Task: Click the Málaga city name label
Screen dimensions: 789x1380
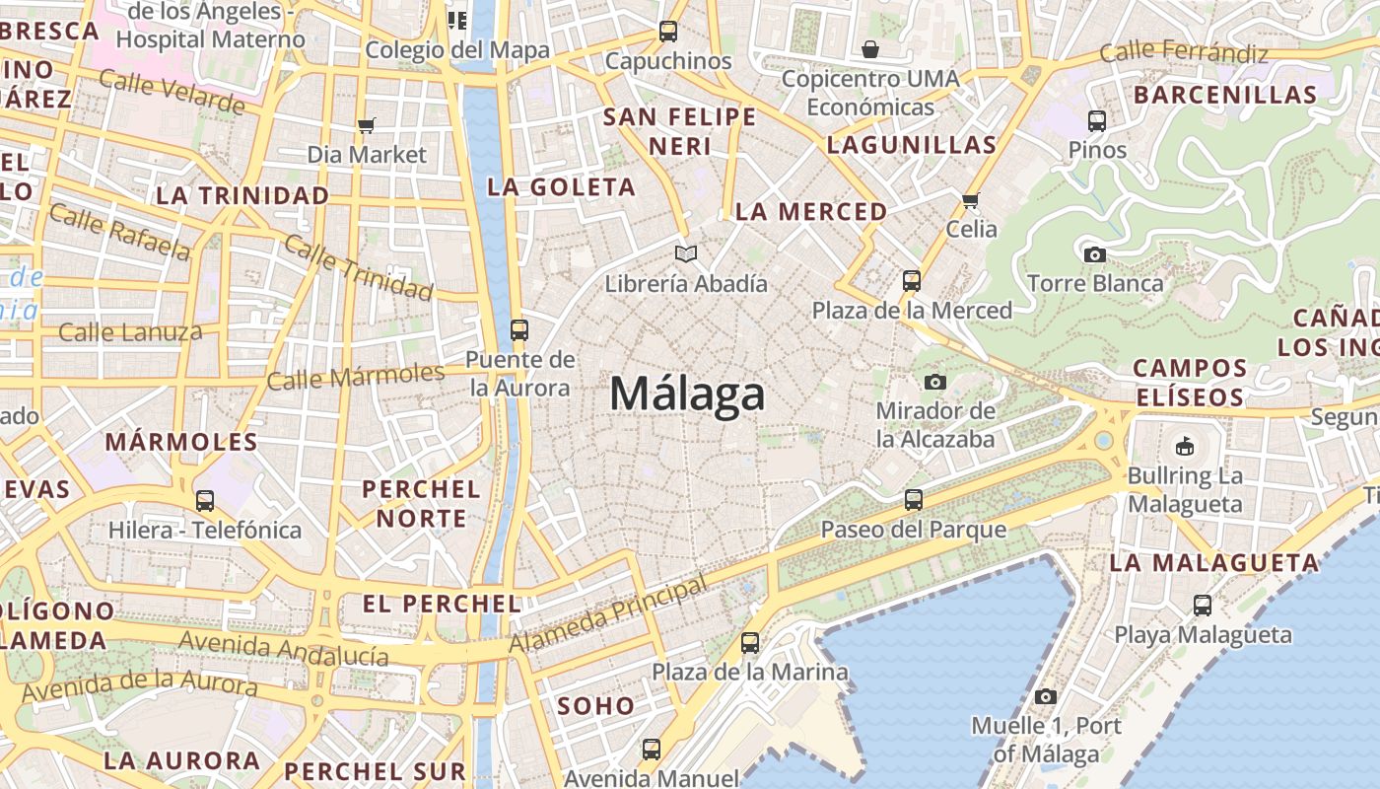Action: coord(687,394)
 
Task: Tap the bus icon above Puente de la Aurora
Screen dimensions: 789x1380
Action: coord(519,330)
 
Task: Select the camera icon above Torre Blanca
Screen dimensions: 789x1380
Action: coord(1094,254)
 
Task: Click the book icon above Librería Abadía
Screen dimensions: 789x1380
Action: coord(686,254)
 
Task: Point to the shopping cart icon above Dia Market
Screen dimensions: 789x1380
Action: coord(367,125)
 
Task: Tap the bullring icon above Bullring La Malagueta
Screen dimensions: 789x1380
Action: coord(1184,446)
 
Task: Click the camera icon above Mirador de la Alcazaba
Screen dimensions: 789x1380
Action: coord(934,382)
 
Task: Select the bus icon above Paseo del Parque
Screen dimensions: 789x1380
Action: coord(914,500)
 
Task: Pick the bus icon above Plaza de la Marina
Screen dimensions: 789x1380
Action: coord(750,643)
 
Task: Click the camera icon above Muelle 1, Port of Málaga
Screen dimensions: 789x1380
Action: coord(1046,696)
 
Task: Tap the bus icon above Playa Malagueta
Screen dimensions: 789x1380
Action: coord(1203,606)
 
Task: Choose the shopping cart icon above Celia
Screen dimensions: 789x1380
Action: coord(971,201)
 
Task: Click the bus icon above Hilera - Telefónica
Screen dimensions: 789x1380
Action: coord(205,501)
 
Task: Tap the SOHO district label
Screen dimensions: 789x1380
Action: coord(596,706)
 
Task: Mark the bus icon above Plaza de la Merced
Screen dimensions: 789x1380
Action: coord(912,281)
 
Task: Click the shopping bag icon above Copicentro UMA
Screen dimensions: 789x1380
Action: coord(870,49)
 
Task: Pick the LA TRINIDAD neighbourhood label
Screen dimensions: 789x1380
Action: coord(242,195)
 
